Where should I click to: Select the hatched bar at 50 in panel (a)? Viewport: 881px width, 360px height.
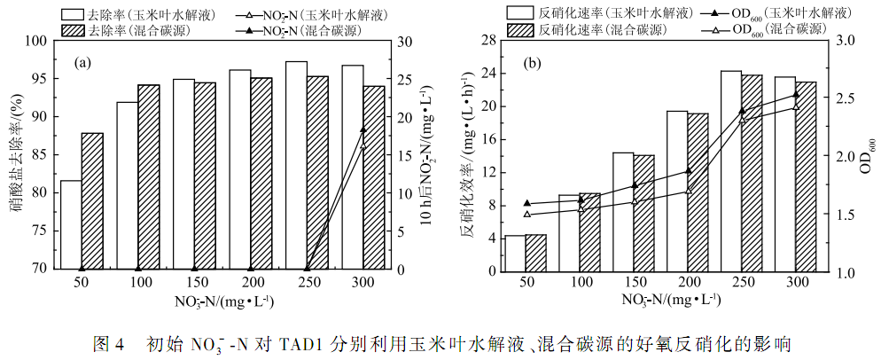92,200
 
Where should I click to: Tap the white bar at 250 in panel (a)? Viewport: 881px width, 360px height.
296,165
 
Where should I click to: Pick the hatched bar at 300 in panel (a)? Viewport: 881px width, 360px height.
374,177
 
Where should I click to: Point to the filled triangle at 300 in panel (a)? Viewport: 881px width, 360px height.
363,129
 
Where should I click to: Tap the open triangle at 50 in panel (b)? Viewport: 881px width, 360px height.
526,214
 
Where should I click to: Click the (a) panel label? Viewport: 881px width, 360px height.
83,63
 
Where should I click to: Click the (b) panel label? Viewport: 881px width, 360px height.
532,63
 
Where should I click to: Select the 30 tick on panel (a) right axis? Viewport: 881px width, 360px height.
404,42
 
